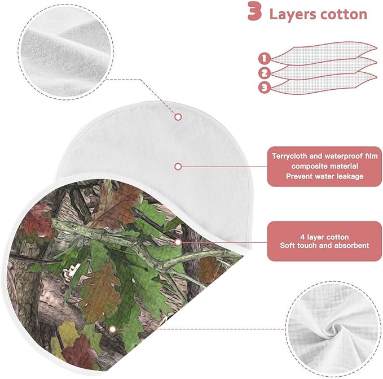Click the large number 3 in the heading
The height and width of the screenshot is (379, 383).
255,11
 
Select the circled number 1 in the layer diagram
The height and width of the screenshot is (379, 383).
265,58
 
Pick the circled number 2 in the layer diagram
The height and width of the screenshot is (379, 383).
265,73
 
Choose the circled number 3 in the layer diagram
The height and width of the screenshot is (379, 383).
265,88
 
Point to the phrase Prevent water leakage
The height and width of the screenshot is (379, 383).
325,176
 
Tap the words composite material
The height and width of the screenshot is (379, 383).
325,166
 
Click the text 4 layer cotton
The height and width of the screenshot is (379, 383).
324,237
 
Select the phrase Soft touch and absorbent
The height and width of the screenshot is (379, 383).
324,245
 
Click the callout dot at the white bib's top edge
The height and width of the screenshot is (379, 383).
178,117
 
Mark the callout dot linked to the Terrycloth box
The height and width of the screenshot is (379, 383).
178,167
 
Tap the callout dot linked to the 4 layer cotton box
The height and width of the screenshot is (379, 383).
178,242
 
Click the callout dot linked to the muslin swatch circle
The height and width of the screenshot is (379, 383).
113,329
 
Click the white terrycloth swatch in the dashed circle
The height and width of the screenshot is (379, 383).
66,52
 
